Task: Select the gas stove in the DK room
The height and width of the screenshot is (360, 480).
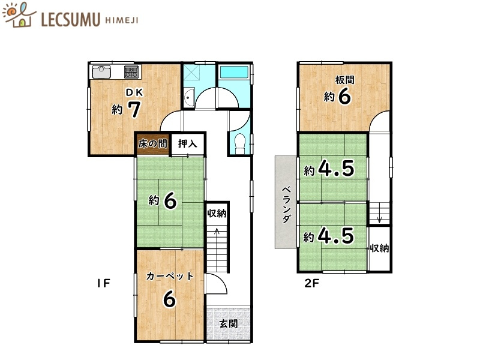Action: pos(131,72)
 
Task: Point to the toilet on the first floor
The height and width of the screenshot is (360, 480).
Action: pos(239,143)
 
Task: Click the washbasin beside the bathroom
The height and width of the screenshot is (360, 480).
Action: pos(188,97)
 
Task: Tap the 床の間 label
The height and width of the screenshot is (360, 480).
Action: pos(151,144)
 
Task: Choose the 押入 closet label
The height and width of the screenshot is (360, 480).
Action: pos(188,144)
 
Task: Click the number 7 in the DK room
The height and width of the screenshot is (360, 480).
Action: pos(134,109)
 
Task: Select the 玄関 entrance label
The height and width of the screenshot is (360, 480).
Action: pos(228,323)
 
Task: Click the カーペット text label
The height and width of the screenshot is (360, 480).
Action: pos(170,276)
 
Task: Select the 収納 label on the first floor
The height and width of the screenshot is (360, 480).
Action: pos(217,213)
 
